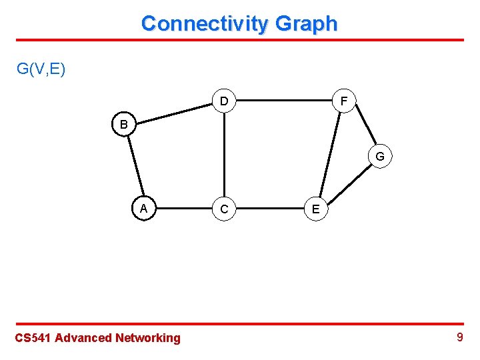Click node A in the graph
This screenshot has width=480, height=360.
(x=143, y=208)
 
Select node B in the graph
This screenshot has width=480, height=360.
(x=124, y=125)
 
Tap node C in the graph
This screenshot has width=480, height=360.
(x=224, y=209)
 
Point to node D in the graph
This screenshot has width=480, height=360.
(x=224, y=101)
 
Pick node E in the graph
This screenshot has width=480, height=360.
(x=316, y=209)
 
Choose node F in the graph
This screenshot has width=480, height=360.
(x=343, y=101)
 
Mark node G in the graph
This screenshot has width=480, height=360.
(x=379, y=157)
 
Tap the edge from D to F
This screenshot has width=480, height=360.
(x=283, y=101)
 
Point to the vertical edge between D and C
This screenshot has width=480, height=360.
(x=225, y=155)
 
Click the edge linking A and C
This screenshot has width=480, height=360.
(x=184, y=209)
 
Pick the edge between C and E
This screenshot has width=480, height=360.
(x=270, y=209)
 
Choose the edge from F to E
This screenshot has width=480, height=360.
(x=329, y=155)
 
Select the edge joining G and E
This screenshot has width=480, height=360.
(x=348, y=182)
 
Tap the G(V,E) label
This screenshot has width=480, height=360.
(x=41, y=69)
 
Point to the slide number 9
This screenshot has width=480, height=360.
(x=459, y=337)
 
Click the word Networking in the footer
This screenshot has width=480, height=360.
(x=148, y=338)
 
